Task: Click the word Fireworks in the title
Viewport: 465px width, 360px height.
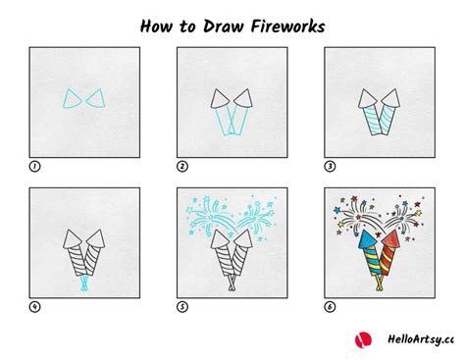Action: tap(287, 26)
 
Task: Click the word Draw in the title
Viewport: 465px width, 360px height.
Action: tap(223, 26)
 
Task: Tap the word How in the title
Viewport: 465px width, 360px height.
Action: tap(156, 26)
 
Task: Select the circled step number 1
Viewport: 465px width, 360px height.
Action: tap(34, 167)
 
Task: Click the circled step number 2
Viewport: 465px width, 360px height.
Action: tap(182, 167)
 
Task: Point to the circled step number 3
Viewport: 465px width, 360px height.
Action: tap(330, 167)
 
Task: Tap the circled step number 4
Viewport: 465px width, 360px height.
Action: tap(34, 307)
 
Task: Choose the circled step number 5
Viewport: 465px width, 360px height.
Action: tap(182, 307)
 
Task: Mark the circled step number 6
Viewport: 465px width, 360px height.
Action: tap(330, 307)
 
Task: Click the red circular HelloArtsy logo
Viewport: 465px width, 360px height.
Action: tap(363, 339)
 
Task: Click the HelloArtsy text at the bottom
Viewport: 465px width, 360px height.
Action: tap(421, 339)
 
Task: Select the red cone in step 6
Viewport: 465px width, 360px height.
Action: tap(391, 239)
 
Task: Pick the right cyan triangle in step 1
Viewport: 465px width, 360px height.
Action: tap(96, 98)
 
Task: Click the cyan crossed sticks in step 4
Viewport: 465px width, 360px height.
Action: tap(85, 283)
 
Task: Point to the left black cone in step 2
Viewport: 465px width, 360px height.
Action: tap(220, 98)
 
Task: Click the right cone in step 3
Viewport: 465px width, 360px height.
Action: tap(391, 98)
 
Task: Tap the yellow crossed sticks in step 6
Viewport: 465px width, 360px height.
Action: tap(380, 283)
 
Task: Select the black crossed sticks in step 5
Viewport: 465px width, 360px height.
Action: tap(232, 283)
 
